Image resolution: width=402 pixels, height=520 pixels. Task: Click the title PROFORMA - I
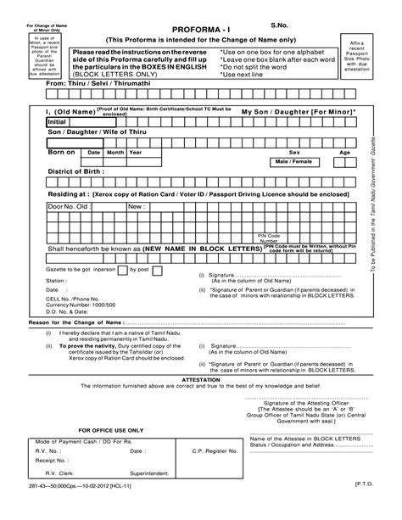coord(198,28)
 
